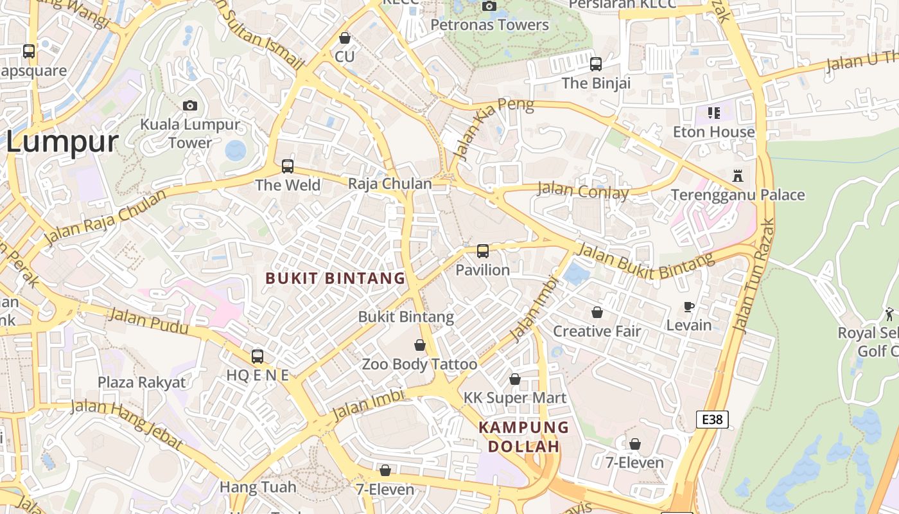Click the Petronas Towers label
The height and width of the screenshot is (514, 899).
[x=489, y=25]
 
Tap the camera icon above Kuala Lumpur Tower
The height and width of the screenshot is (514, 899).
[x=190, y=105]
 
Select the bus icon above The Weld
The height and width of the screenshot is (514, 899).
[x=288, y=166]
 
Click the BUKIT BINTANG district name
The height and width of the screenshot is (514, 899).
[x=336, y=278]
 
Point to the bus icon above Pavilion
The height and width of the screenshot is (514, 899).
[x=483, y=251]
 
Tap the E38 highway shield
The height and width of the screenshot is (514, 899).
[x=712, y=420]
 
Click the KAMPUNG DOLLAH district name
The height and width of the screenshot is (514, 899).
[x=524, y=437]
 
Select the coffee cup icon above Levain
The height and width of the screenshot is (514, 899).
[x=689, y=306]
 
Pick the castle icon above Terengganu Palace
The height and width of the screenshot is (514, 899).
[x=738, y=175]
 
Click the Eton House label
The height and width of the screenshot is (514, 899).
[x=713, y=132]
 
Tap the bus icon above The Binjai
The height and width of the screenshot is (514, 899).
[x=596, y=64]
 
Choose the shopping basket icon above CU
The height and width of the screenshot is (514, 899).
[x=345, y=38]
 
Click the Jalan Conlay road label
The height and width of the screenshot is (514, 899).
[x=582, y=191]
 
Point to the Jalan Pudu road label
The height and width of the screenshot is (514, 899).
[x=148, y=321]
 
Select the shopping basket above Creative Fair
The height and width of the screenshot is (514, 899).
[x=597, y=312]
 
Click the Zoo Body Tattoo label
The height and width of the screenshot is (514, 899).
[x=419, y=364]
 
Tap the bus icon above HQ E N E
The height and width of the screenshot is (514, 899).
[x=257, y=356]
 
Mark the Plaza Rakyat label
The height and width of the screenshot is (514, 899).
[x=141, y=382]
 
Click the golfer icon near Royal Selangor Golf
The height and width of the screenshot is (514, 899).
[x=889, y=314]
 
